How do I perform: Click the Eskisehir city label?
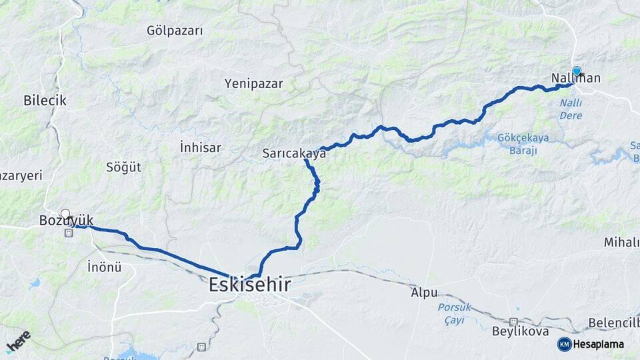(249, 285)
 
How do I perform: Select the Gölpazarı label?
(175, 31)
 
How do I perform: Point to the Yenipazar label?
(254, 84)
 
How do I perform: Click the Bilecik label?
(45, 101)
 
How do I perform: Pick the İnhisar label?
(200, 147)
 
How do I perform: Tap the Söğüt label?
(124, 167)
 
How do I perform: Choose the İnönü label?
(105, 267)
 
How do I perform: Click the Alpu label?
(424, 293)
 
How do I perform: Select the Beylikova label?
(520, 331)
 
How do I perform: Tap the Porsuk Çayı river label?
(455, 313)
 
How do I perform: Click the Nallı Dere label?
(571, 109)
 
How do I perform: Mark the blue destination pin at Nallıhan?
(577, 71)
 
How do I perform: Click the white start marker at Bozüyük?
(65, 215)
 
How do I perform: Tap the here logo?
(18, 341)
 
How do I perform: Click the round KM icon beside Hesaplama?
(564, 344)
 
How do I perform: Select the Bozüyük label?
(66, 221)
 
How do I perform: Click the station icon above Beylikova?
(514, 321)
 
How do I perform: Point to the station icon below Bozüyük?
(68, 233)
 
